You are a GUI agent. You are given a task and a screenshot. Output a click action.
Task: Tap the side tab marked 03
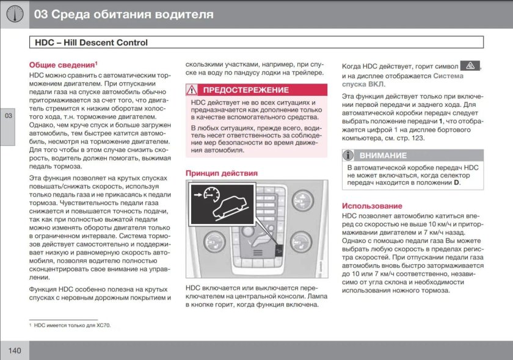(7, 117)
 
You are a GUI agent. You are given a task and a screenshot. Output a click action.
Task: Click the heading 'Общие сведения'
(63, 64)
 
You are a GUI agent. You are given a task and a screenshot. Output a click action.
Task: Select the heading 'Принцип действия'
(221, 173)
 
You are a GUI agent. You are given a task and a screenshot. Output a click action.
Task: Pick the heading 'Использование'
(372, 206)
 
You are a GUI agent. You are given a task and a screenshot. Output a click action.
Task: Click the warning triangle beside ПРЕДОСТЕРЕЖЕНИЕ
(193, 90)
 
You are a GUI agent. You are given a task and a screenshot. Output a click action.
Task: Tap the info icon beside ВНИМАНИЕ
(349, 155)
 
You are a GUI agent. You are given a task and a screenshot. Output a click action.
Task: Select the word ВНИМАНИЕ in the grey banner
(383, 155)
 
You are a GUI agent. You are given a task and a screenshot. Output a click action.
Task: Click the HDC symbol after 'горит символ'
(470, 65)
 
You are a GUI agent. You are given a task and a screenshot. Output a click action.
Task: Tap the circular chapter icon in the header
(14, 14)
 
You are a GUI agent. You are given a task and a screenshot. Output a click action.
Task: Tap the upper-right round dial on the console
(304, 198)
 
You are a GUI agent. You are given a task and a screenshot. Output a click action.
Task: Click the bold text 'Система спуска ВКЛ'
(402, 80)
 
